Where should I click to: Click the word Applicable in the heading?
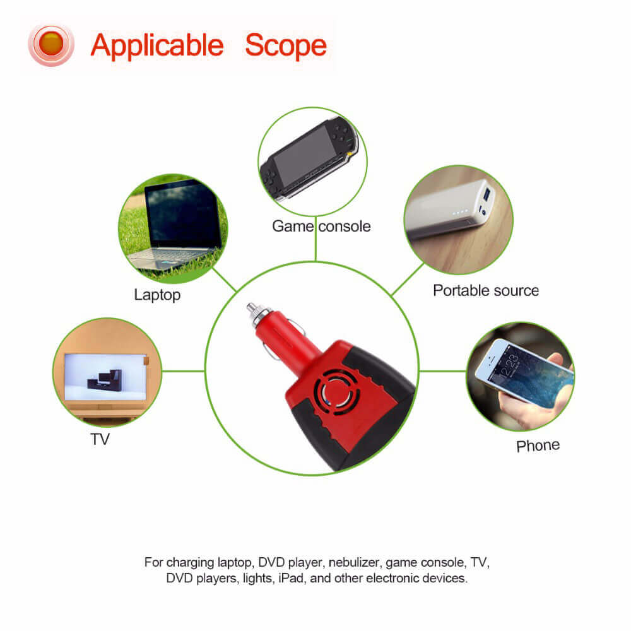point(157,46)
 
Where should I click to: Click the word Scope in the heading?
point(286,46)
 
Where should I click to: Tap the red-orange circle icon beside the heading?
point(51,45)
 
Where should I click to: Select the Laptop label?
point(157,295)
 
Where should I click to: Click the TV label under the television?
point(100,439)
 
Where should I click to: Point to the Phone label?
point(538,445)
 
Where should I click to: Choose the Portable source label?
point(486,290)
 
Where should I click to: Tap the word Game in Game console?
point(293,226)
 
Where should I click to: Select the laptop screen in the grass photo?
point(182,215)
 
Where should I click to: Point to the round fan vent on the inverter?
point(336,392)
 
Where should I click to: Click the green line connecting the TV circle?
point(184,371)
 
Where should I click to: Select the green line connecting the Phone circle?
point(443,370)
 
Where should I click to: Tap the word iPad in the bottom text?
point(290,578)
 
